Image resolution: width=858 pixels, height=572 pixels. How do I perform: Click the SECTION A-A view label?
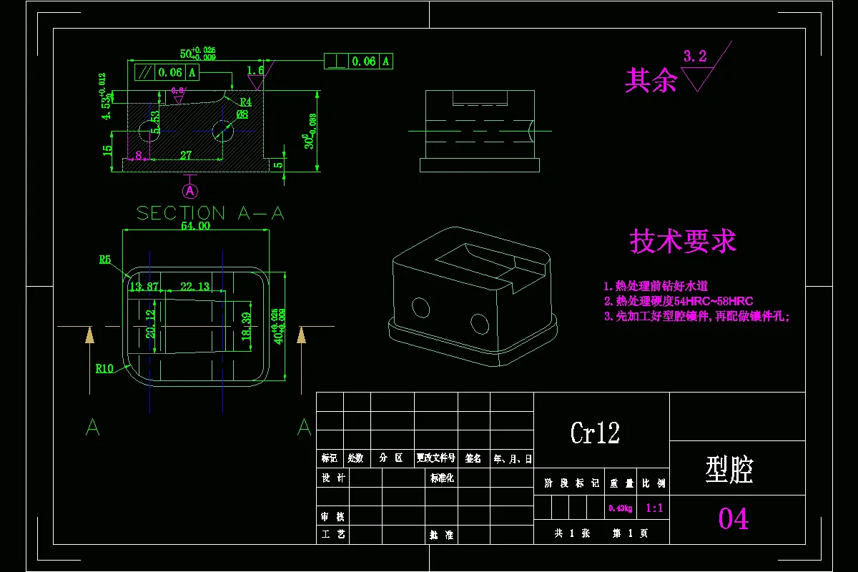click(x=210, y=213)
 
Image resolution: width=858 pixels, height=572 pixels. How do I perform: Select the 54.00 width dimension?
click(x=195, y=225)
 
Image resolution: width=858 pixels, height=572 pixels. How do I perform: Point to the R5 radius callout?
click(x=105, y=260)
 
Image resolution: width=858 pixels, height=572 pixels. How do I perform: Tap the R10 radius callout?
click(x=104, y=369)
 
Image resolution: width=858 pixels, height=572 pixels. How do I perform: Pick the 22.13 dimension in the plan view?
click(x=194, y=287)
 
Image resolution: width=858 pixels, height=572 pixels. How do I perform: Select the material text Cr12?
click(x=595, y=433)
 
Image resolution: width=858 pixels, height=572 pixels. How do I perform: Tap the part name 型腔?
click(x=729, y=470)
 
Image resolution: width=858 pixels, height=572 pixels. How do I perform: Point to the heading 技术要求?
click(x=683, y=242)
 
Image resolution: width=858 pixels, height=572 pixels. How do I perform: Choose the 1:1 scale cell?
click(x=654, y=508)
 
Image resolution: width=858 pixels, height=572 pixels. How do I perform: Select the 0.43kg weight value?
click(x=620, y=508)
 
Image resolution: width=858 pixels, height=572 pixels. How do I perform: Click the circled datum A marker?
click(x=190, y=191)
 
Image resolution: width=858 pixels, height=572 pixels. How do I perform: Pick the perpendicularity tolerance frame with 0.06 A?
click(x=358, y=61)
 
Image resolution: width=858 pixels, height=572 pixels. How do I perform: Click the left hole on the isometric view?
click(x=421, y=307)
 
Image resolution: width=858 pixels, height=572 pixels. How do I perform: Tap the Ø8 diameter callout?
click(x=242, y=114)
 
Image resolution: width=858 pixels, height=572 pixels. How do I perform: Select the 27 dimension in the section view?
click(x=185, y=154)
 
